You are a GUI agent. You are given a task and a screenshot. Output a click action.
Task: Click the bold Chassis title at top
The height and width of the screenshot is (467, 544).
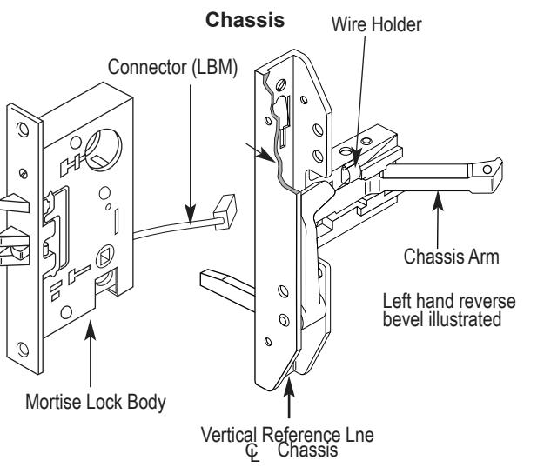point(245,20)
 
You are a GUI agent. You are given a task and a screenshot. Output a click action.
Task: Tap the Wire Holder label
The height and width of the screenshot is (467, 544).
point(376,24)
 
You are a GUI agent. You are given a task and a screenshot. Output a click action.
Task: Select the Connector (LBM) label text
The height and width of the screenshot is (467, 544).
point(172,67)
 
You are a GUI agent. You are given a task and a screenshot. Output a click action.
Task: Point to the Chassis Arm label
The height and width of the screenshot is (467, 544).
point(452,257)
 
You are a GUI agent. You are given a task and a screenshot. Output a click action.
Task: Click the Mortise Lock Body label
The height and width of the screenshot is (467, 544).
point(96,402)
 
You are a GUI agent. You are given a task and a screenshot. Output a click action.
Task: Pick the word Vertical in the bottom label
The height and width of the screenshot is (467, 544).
point(229,435)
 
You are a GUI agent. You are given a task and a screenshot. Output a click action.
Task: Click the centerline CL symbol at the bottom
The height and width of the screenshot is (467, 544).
point(253,453)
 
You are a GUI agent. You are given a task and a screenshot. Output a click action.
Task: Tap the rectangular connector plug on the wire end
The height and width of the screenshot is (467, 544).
point(225,211)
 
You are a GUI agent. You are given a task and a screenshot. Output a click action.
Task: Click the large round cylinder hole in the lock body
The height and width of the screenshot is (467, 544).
point(104,150)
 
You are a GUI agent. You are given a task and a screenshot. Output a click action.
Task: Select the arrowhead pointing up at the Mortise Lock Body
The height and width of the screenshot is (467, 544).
point(91,330)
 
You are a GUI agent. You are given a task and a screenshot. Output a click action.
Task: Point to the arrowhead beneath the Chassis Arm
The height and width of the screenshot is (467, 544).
point(438,200)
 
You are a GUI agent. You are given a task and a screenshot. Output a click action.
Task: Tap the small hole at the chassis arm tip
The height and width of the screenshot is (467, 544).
point(487,170)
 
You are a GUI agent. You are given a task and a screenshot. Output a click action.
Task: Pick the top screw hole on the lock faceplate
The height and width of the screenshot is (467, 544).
point(23,130)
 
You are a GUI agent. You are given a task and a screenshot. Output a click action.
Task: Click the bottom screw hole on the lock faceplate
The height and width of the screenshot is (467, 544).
point(23,349)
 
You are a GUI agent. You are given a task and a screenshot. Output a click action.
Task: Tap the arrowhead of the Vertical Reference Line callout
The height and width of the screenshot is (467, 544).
point(289,387)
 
